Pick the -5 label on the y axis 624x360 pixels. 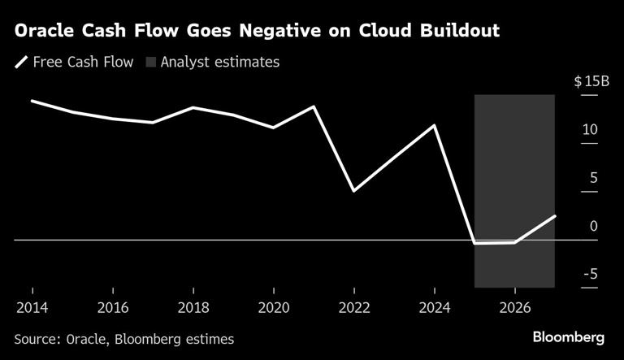click(x=589, y=274)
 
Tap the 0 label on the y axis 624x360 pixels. click(x=593, y=226)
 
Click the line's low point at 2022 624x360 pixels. click(x=354, y=191)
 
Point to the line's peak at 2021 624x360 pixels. click(x=314, y=106)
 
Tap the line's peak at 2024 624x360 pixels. click(x=435, y=125)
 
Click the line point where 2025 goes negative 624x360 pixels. click(x=474, y=243)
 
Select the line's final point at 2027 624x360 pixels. click(x=555, y=215)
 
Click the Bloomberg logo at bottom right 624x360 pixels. click(x=568, y=337)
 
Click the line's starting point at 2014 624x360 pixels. click(x=32, y=101)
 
